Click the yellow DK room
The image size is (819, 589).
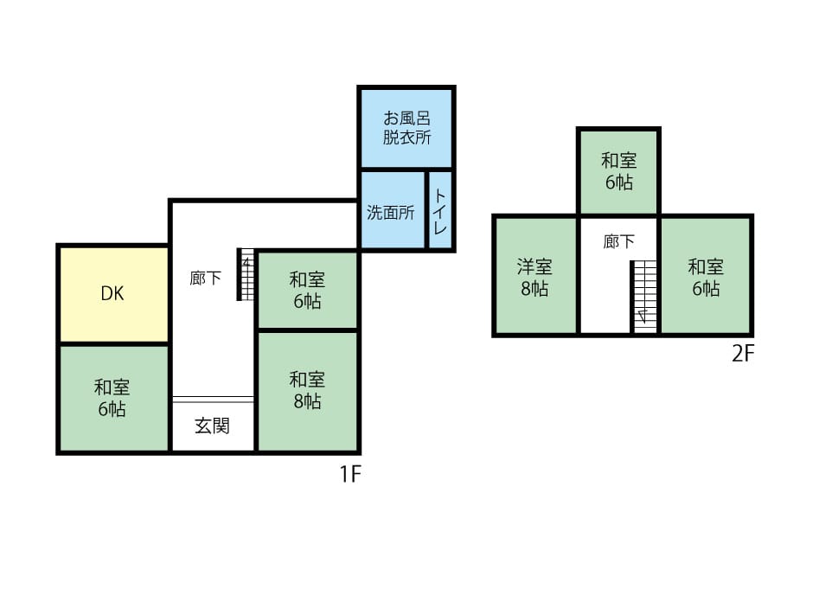point(112,311)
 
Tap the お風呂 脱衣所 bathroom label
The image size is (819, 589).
point(406,127)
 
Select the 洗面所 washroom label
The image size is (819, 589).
point(390,213)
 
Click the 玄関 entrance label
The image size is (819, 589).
point(212,426)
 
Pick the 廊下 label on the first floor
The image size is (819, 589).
point(205,278)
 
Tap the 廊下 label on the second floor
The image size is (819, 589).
point(617,242)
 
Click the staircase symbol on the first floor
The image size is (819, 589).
point(246,276)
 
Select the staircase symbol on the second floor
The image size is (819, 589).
point(644,295)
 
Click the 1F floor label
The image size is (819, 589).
point(349,474)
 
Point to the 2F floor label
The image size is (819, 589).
point(744,355)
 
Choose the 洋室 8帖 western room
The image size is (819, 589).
point(534,278)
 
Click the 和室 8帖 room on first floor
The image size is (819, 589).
point(306,390)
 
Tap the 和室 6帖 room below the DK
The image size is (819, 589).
point(112,398)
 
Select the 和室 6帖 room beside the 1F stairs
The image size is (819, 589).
point(306,291)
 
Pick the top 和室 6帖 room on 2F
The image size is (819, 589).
point(618,170)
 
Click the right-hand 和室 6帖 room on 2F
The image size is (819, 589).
point(705,277)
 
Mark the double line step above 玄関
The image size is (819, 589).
point(213,399)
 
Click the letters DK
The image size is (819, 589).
point(112,293)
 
